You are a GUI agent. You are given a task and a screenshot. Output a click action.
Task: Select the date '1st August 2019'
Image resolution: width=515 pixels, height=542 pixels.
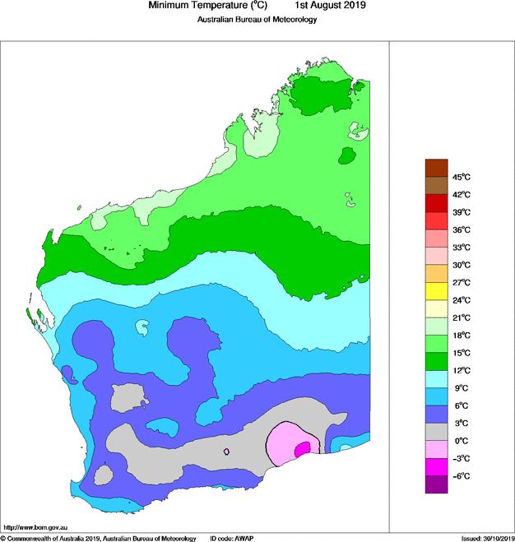(x=330, y=6)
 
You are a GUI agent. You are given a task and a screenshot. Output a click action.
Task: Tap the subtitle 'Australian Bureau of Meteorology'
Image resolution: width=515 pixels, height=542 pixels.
(x=257, y=20)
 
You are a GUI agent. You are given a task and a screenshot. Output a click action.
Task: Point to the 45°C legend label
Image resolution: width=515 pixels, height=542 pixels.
(x=461, y=177)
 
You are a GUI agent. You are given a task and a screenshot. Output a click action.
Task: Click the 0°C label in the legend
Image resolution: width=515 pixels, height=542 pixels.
(x=461, y=441)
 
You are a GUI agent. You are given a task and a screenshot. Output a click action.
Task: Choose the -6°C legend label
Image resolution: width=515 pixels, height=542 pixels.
(x=461, y=476)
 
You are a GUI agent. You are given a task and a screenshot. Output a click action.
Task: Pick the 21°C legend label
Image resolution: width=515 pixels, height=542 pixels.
(x=461, y=317)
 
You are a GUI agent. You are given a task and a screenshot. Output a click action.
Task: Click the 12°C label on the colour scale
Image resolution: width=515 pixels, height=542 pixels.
(x=461, y=370)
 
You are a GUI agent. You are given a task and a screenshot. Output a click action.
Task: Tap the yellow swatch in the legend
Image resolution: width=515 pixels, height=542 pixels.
(x=435, y=291)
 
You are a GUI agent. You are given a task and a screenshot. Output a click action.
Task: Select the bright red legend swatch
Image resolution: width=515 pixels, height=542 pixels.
(x=435, y=220)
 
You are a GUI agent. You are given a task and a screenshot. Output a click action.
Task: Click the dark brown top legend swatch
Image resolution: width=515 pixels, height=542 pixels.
(x=435, y=168)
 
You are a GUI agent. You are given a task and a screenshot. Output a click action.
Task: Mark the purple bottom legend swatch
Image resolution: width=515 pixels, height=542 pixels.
(x=435, y=485)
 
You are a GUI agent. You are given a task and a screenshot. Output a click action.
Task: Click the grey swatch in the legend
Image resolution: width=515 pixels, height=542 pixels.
(x=435, y=432)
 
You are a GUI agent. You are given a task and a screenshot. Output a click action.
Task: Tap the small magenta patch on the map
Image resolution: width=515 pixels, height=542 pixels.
(x=302, y=447)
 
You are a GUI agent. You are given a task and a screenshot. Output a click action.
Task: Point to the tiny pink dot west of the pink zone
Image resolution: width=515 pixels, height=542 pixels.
(x=227, y=452)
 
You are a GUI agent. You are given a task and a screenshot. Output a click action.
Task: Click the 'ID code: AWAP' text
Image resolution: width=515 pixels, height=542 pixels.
(x=231, y=538)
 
